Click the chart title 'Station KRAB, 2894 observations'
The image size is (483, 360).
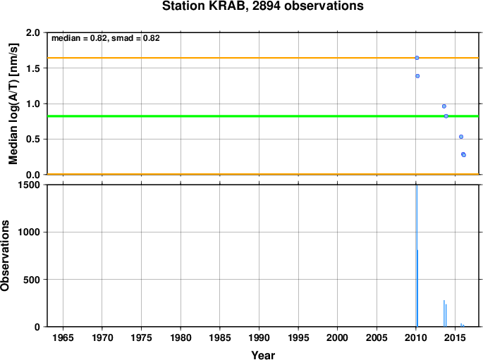263,6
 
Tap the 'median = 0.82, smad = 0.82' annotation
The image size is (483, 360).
106,38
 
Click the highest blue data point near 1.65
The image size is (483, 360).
417,58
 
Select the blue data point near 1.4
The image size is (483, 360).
417,76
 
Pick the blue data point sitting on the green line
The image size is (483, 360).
446,116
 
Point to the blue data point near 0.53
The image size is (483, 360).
461,137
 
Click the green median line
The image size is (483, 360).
263,116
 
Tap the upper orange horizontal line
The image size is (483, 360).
263,58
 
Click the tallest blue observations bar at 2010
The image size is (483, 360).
417,256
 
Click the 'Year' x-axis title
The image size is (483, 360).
263,355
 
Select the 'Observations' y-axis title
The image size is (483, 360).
5,256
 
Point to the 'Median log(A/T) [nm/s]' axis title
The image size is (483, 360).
13,104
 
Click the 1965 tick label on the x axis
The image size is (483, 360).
63,337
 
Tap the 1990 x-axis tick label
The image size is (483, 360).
259,337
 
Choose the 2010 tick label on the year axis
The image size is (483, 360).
416,337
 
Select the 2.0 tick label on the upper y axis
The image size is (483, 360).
33,32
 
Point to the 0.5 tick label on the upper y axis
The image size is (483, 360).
33,139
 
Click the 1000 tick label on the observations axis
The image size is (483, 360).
29,232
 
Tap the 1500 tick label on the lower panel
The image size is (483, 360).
29,185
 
